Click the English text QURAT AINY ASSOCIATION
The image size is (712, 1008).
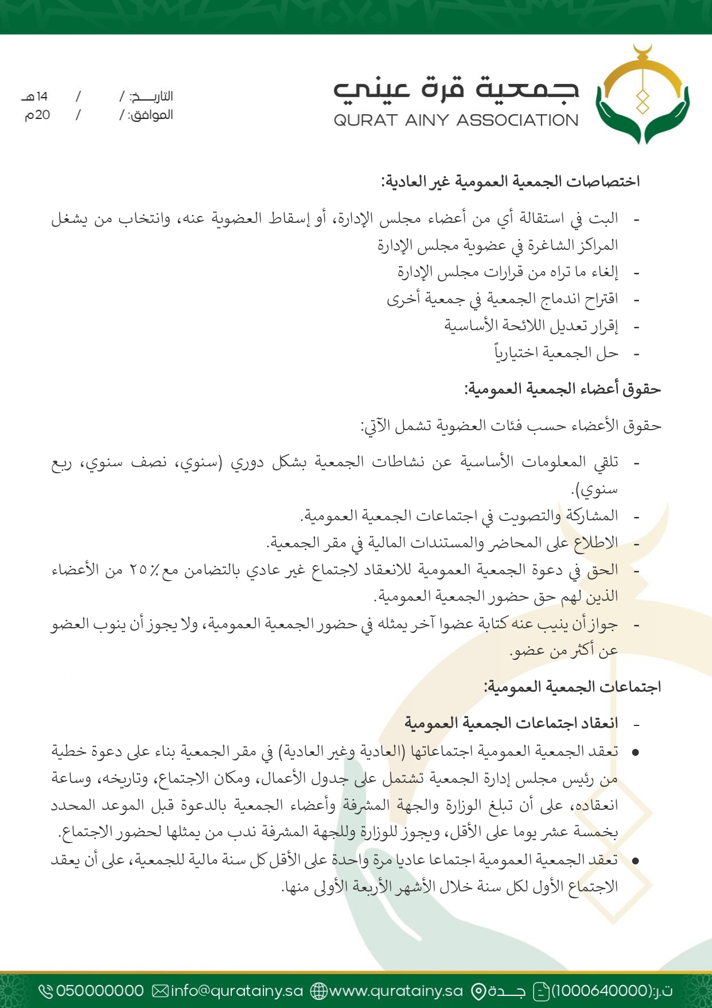point(456,121)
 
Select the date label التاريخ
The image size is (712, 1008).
point(151,96)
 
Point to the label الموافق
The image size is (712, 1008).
point(150,115)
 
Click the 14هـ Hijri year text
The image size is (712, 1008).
point(35,96)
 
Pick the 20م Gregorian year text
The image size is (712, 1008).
point(37,115)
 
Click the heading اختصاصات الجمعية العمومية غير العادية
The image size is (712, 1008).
point(510,182)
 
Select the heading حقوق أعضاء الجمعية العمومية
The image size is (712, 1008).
point(562,389)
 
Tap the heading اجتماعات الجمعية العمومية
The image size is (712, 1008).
point(572,687)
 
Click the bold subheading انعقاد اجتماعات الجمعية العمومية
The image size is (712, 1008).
point(511,723)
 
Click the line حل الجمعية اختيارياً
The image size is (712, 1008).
point(556,353)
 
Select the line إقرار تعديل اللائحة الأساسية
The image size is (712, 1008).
point(531,326)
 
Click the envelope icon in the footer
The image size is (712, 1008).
point(161,991)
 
